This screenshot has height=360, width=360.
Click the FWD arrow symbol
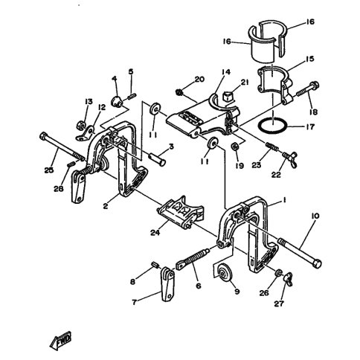point(60,341)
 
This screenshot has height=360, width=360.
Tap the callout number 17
point(310,126)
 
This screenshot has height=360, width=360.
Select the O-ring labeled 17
point(272,126)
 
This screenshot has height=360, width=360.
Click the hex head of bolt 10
point(317,263)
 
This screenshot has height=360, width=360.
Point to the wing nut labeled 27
point(288,279)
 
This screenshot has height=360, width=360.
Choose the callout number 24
point(155,233)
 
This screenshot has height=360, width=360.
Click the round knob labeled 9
point(223,273)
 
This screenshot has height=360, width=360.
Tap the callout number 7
point(134,302)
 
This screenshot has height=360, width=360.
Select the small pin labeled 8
point(155,266)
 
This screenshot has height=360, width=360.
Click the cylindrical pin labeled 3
point(157,159)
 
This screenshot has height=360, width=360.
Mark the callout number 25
point(49,170)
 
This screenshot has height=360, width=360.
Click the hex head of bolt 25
point(43,135)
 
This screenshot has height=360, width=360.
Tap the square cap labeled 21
point(228,96)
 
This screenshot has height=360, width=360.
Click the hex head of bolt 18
point(315,86)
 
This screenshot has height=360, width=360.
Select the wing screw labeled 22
point(290,159)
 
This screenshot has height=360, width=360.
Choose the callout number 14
point(226,72)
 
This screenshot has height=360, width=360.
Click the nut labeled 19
point(234,147)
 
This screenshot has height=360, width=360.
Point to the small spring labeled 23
point(271,147)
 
